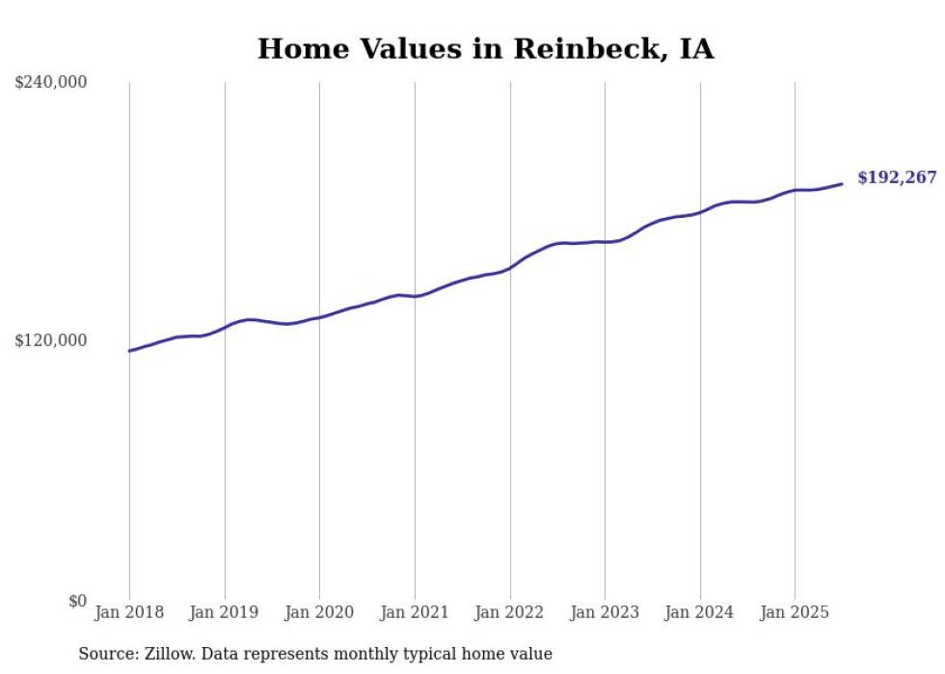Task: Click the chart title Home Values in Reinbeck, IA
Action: coord(485,49)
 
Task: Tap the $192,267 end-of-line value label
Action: coord(896,177)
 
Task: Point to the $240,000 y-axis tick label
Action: coord(51,83)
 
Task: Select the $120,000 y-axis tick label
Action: coord(51,340)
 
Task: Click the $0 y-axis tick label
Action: coord(77,601)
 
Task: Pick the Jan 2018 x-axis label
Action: coord(129,612)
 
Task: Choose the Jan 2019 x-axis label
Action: coord(225,612)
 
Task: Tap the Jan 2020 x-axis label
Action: coord(319,612)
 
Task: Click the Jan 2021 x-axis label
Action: coord(415,612)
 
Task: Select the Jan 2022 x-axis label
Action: coord(510,612)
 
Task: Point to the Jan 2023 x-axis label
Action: coord(605,612)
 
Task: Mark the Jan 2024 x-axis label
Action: coord(700,612)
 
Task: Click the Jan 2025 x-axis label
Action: coord(795,612)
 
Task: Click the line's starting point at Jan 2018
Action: coord(129,351)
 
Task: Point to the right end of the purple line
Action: coord(842,183)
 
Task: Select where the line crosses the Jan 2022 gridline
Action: coord(510,268)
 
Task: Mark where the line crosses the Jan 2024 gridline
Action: coord(700,211)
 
